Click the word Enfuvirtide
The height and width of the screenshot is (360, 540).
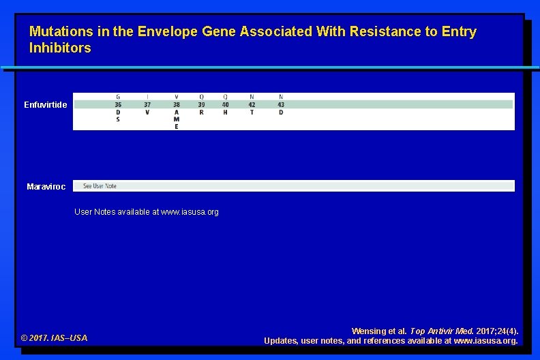(x=46, y=105)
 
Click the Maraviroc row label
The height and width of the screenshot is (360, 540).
(x=46, y=187)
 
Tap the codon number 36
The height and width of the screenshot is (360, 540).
(x=118, y=105)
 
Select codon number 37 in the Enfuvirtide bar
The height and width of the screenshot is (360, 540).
(x=147, y=105)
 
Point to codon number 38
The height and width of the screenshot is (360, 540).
(x=177, y=105)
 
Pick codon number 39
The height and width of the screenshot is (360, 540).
(x=201, y=105)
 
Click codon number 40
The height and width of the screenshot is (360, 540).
(x=226, y=105)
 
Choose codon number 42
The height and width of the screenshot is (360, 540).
(x=252, y=105)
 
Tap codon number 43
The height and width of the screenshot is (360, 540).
(x=281, y=105)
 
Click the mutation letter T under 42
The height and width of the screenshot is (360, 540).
(x=252, y=112)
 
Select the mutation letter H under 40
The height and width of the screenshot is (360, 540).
(x=226, y=112)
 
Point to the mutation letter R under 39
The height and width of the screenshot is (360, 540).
(x=201, y=112)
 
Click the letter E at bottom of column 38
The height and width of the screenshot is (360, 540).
(x=177, y=127)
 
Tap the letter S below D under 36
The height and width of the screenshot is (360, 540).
(x=118, y=119)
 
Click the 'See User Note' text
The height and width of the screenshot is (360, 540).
(x=100, y=186)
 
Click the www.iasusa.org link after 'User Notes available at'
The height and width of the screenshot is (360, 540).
(x=190, y=212)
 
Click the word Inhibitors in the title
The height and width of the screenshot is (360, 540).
(x=60, y=48)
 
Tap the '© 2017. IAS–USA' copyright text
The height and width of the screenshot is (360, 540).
(x=55, y=338)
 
